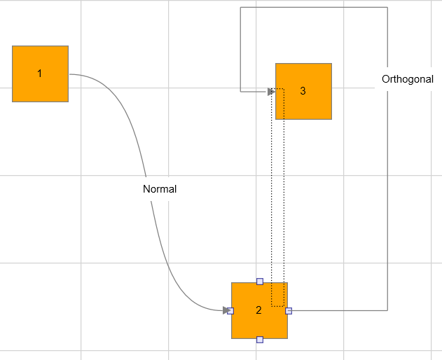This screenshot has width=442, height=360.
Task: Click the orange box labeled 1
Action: (40, 74)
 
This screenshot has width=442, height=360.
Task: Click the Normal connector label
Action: (160, 189)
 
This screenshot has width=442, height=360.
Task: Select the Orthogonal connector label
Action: (408, 79)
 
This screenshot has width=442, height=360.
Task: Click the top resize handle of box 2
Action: (260, 282)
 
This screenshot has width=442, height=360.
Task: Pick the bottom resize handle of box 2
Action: (260, 340)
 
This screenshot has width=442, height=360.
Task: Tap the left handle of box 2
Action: (230, 311)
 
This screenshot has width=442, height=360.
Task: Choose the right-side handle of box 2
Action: (289, 311)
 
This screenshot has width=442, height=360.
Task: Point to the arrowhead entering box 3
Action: (271, 92)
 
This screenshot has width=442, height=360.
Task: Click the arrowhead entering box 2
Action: (226, 310)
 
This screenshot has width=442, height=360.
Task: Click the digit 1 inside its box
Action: (40, 74)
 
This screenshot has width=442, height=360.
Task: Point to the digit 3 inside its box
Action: (303, 91)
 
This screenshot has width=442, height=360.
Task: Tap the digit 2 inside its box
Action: (258, 310)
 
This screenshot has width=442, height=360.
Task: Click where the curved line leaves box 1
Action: (70, 74)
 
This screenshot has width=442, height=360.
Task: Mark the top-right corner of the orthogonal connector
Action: (387, 7)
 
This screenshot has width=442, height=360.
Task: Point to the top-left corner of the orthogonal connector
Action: (240, 7)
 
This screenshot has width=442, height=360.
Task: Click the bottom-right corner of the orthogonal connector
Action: (387, 310)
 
